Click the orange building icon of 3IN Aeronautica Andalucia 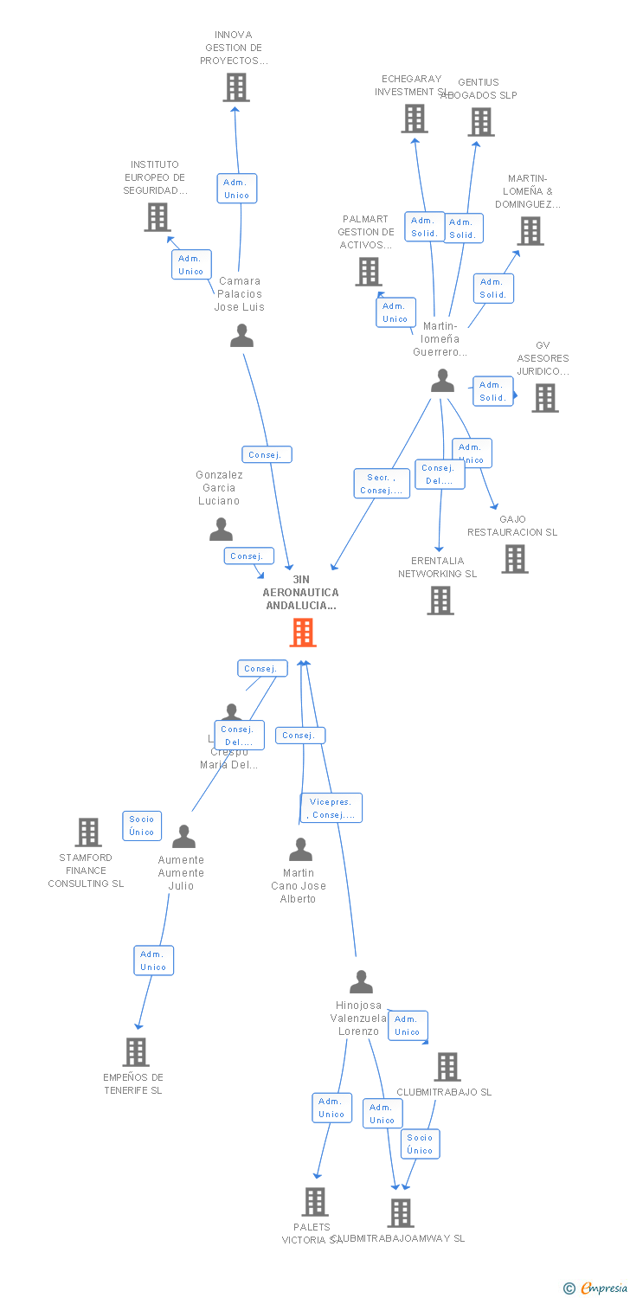302,633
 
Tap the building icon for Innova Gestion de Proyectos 236,87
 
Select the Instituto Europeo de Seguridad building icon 157,217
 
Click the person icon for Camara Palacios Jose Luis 241,336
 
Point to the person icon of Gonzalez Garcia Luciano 221,529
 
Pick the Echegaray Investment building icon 415,119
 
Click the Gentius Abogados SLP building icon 481,122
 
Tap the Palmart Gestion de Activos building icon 369,272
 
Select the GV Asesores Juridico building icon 544,398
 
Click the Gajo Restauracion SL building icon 515,559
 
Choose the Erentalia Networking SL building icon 440,601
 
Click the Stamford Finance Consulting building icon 88,832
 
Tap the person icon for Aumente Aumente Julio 183,837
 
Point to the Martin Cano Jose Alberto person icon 300,850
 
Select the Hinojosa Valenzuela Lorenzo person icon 361,982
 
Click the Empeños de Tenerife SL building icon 136,1052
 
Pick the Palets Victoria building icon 315,1202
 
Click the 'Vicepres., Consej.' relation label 331,808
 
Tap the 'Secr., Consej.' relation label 382,484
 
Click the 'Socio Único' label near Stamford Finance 142,826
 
